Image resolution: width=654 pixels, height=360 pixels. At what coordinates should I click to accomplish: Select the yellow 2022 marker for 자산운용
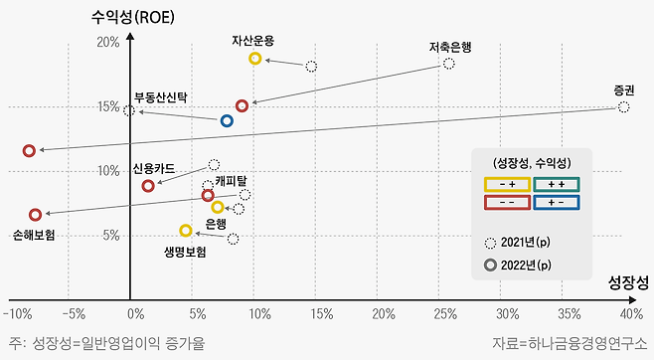coord(255,59)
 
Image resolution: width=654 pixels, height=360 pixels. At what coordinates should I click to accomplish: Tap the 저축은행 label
coord(449,46)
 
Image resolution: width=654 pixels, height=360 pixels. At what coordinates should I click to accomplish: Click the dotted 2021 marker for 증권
coord(623,106)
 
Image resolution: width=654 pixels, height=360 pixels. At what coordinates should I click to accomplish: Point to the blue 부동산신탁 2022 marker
coord(227,121)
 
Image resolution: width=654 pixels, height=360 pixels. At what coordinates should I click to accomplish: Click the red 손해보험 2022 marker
coord(36,214)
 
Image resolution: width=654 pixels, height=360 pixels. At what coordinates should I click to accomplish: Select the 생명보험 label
coord(185,253)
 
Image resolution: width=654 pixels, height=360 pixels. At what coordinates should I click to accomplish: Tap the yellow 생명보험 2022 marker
coord(186,231)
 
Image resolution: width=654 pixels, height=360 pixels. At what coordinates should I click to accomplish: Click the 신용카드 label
coord(153,169)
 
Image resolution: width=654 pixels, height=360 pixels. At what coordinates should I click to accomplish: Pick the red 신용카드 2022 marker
coord(148,186)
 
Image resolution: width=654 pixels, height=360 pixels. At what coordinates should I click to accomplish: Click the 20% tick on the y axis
coord(107,43)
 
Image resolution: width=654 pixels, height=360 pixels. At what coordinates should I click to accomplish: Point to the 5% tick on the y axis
coord(110,236)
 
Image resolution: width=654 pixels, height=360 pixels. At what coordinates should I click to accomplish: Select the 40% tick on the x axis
coord(630,314)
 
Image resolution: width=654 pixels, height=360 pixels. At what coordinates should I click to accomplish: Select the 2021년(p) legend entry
coord(523,243)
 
